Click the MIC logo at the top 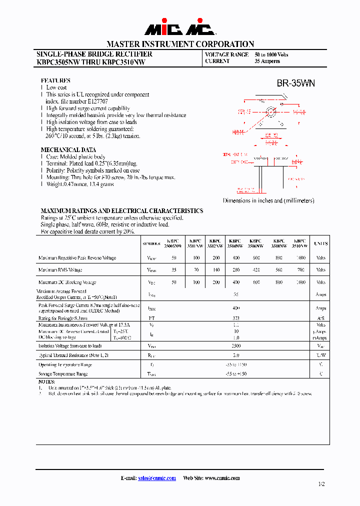pyautogui.click(x=180, y=28)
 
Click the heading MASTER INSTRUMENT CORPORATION pyautogui.click(x=180, y=44)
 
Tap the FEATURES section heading pyautogui.click(x=55, y=80)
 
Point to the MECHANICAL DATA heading pyautogui.click(x=68, y=149)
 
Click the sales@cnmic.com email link pyautogui.click(x=157, y=478)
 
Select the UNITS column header pyautogui.click(x=320, y=243)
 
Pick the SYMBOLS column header pyautogui.click(x=151, y=244)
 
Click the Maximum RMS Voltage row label pyautogui.click(x=60, y=270)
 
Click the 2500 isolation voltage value pyautogui.click(x=236, y=345)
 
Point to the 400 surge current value pyautogui.click(x=236, y=308)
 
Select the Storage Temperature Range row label pyautogui.click(x=63, y=373)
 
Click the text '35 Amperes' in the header pyautogui.click(x=267, y=61)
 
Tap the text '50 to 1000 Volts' pyautogui.click(x=271, y=54)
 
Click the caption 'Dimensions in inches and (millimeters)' pyautogui.click(x=268, y=200)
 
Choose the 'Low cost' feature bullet pyautogui.click(x=56, y=87)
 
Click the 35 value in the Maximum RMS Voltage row pyautogui.click(x=174, y=270)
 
